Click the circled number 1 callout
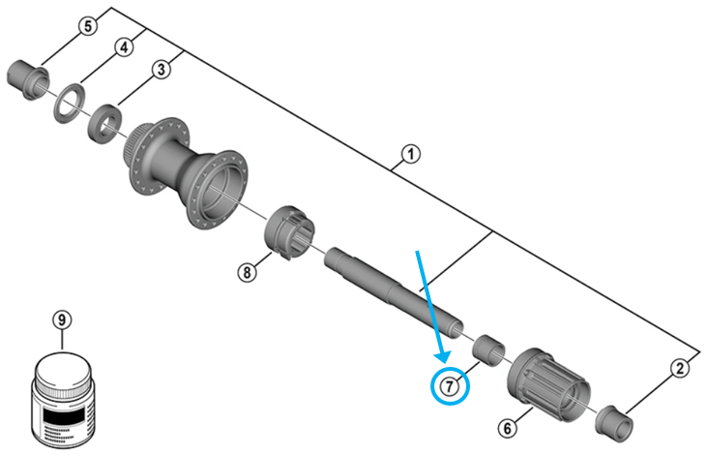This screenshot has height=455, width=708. (410, 154)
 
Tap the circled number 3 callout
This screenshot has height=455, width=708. (162, 70)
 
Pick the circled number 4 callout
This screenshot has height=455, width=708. (124, 47)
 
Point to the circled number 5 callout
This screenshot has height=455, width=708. (88, 26)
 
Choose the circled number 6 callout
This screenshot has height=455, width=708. (508, 428)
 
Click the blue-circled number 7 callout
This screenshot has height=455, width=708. (450, 386)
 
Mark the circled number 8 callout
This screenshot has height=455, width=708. (247, 272)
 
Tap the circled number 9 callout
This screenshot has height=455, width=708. (62, 319)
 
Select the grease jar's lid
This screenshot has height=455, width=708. (63, 371)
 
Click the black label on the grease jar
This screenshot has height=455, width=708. (63, 413)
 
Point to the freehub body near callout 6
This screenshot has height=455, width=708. (547, 384)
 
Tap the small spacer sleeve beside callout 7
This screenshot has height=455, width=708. (488, 349)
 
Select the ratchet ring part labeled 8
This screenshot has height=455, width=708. (289, 232)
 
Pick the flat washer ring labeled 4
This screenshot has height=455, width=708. (70, 103)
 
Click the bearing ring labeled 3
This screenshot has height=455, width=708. (104, 124)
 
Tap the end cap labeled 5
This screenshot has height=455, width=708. (28, 80)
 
